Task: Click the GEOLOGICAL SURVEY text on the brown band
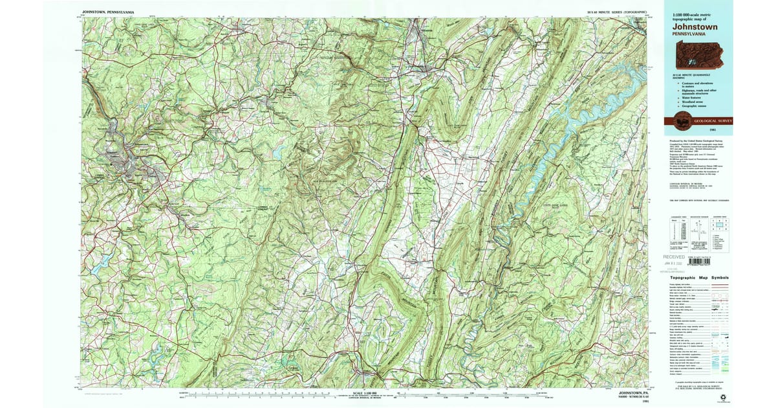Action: pos(712,120)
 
